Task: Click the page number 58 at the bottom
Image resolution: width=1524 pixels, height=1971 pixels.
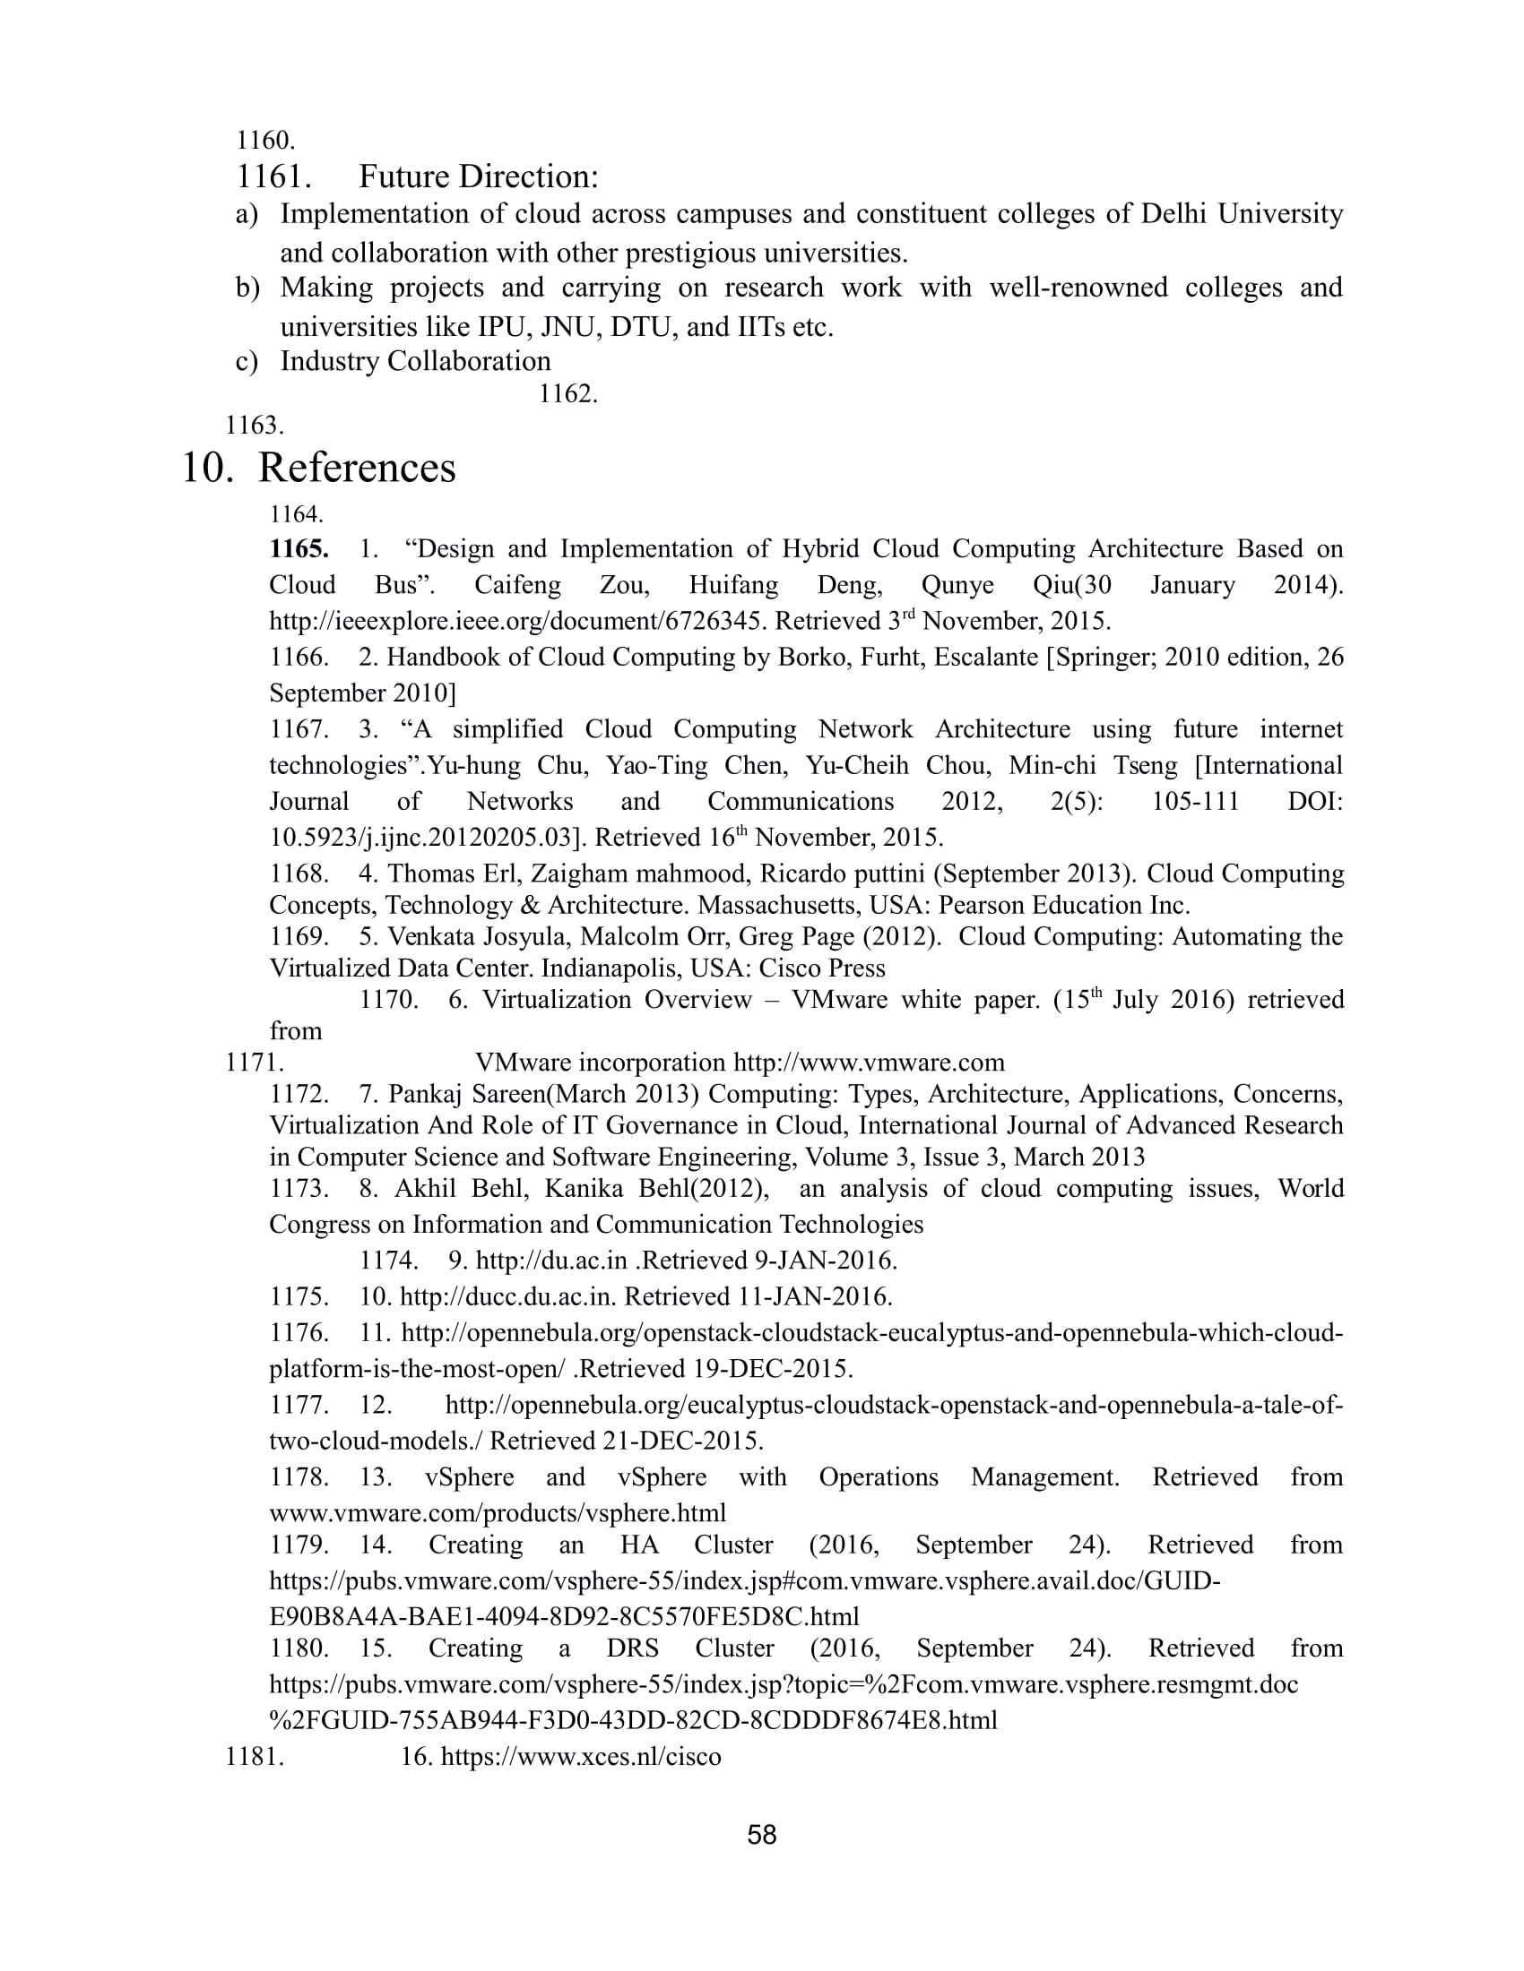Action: click(762, 1835)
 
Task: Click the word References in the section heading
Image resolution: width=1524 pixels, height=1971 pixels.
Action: click(357, 468)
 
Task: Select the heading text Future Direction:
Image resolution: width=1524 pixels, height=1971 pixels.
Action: click(479, 176)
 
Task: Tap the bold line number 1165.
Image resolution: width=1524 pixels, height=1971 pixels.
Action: click(299, 548)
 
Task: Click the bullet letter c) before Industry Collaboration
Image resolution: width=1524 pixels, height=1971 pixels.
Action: click(247, 361)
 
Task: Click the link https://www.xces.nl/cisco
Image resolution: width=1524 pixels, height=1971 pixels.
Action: click(581, 1756)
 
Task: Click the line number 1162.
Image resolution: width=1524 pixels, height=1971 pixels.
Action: click(567, 394)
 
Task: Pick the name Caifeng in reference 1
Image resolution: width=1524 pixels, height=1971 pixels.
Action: click(517, 585)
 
